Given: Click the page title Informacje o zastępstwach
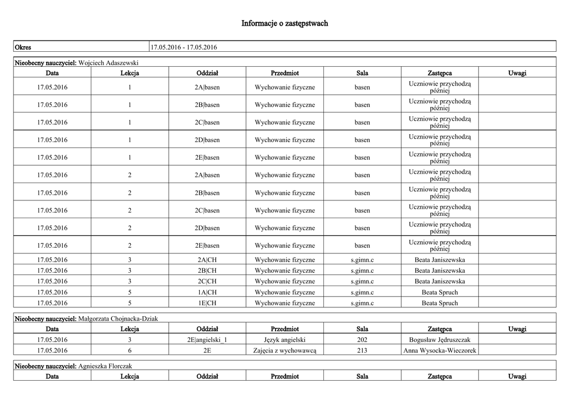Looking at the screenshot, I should pos(284,23).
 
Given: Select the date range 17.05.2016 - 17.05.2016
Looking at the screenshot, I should pos(184,47).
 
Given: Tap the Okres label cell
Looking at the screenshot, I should pos(23,47).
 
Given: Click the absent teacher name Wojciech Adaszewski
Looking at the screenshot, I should pos(109,62).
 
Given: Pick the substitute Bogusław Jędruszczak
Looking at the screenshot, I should pos(440,340).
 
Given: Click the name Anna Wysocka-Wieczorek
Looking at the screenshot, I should pos(440,351).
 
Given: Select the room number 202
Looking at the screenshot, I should pos(362,340).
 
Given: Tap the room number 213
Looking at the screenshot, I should pos(362,351).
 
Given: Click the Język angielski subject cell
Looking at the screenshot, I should pos(285,340).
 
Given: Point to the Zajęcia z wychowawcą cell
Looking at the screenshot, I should pos(285,351).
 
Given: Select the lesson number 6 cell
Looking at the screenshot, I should pos(130,351).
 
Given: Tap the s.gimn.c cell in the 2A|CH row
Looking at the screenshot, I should pos(362,260).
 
